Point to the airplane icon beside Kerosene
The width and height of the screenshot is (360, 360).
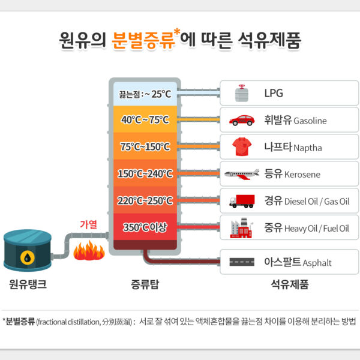click(242, 174)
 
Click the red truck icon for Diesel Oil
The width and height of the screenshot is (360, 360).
click(242, 200)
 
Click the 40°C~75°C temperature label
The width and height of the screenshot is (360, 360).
click(145, 119)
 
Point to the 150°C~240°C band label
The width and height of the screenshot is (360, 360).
click(145, 174)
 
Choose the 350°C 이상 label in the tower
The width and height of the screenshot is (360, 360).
click(145, 227)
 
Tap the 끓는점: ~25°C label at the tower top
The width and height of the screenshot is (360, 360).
click(145, 94)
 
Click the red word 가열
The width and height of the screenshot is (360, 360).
click(88, 224)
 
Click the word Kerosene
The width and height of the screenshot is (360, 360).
click(302, 175)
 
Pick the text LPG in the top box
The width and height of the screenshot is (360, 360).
click(274, 93)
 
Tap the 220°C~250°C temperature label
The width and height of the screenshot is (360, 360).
click(145, 200)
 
